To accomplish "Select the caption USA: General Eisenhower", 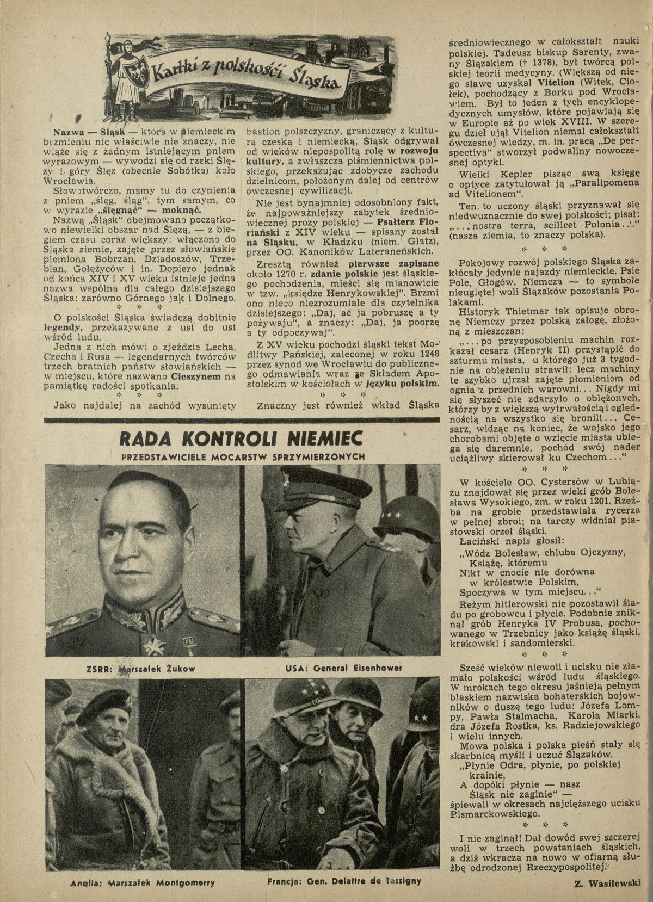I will [x=335, y=668].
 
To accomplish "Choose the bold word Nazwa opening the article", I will [x=65, y=132].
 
